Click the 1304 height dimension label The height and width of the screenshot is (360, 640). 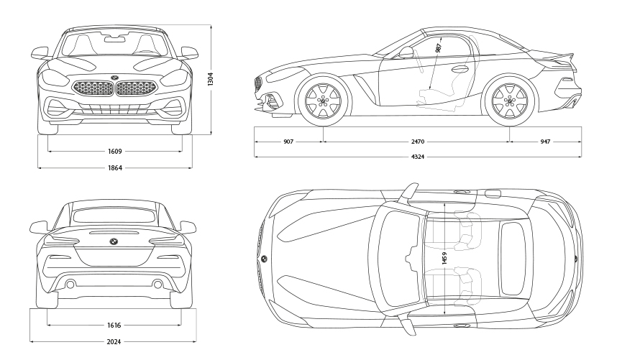[210, 79]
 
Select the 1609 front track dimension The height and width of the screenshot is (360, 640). [114, 152]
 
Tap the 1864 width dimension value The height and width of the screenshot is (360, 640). [114, 168]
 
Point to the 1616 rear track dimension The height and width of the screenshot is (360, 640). [114, 326]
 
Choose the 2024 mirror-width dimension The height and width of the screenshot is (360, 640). [114, 341]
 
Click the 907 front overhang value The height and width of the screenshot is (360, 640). [288, 142]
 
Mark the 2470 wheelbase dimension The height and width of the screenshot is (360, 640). [417, 142]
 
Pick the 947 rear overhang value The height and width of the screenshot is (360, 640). [545, 142]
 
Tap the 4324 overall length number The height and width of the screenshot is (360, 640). [417, 157]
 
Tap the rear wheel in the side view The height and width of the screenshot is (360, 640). [510, 101]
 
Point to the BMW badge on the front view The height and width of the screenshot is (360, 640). [114, 78]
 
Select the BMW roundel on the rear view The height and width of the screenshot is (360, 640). [114, 241]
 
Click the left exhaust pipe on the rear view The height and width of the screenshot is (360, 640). [70, 285]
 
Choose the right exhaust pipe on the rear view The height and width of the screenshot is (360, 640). [157, 285]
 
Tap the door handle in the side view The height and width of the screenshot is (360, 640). [460, 70]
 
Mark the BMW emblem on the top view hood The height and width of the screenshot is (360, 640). [264, 258]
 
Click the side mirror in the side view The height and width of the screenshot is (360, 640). [407, 52]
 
